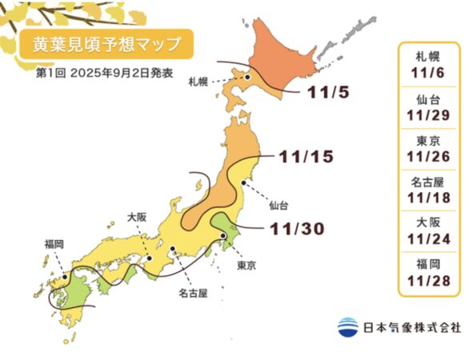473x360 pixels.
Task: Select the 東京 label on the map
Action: point(247,264)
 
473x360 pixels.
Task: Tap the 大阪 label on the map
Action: point(138,215)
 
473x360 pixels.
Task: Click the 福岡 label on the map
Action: point(54,242)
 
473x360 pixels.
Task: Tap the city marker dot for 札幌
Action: point(248,78)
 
